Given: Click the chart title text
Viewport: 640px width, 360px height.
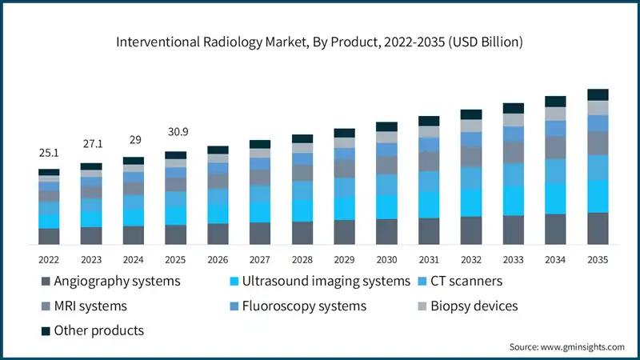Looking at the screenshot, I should [320, 42].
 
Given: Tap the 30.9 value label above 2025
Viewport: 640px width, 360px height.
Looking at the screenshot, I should [175, 132].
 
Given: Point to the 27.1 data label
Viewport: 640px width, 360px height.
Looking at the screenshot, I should [91, 145].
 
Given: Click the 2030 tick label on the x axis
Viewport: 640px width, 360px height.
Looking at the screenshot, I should [386, 259].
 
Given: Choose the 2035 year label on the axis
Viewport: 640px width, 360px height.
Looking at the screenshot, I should [598, 259].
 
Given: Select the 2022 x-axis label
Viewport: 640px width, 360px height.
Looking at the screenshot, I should [49, 259].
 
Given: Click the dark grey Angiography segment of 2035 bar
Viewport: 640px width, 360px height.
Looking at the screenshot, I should [598, 228].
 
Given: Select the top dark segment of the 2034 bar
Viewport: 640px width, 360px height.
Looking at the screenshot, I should [555, 102].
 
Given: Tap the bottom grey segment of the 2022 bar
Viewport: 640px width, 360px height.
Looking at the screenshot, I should [49, 236].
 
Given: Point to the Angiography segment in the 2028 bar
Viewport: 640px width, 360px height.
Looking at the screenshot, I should [302, 233].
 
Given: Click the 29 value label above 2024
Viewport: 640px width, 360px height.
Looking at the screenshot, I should [134, 139].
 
